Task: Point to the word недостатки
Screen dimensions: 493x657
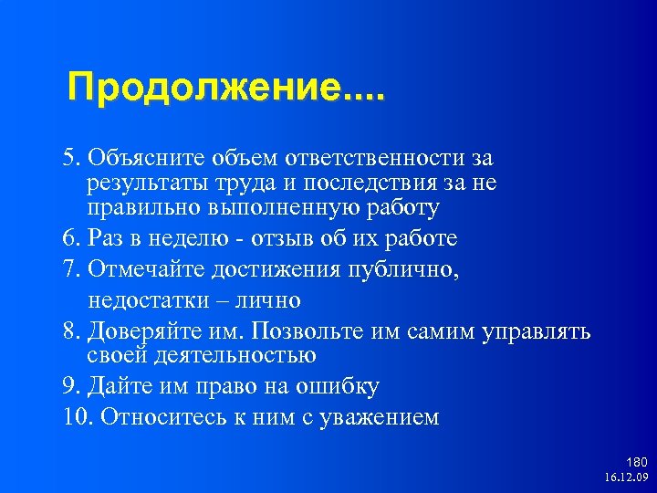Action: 142,299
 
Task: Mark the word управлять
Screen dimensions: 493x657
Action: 540,330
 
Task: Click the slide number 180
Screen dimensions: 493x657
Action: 636,463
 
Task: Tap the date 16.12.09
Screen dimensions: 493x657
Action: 625,477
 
